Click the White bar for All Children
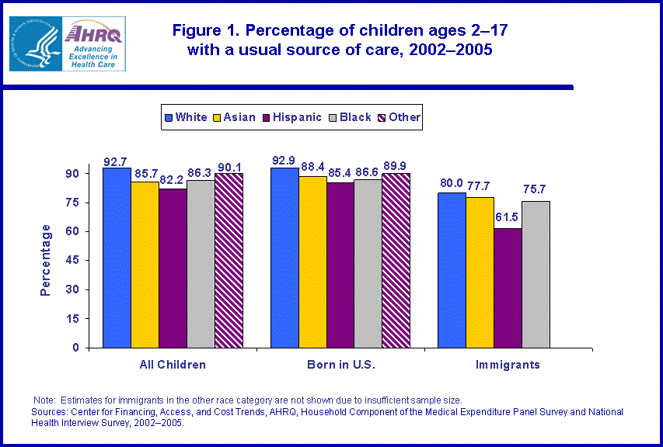point(117,258)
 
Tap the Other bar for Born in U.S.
point(396,260)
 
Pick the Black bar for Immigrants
point(536,274)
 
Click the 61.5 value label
point(508,217)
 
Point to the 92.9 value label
point(284,160)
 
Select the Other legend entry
point(398,117)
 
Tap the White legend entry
point(186,117)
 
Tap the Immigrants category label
point(508,364)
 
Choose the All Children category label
point(173,364)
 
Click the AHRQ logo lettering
point(97,33)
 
